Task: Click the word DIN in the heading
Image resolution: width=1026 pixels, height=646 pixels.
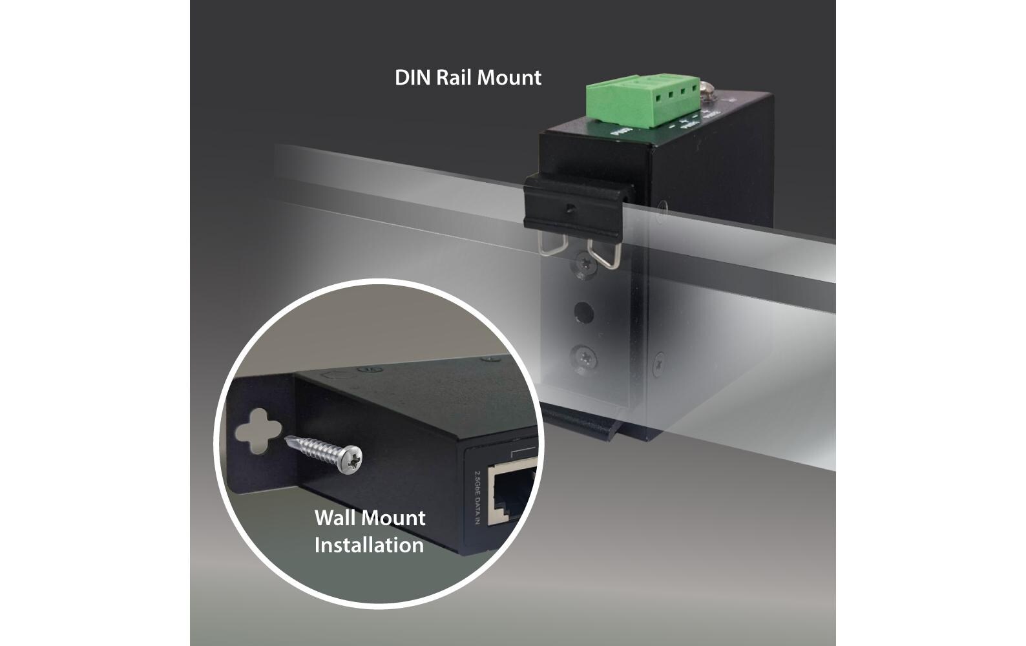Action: [412, 78]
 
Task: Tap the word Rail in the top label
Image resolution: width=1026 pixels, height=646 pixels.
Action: [454, 78]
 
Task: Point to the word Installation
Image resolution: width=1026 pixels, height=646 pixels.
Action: [369, 545]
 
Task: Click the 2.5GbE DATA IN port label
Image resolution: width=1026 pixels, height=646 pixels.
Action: [477, 498]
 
